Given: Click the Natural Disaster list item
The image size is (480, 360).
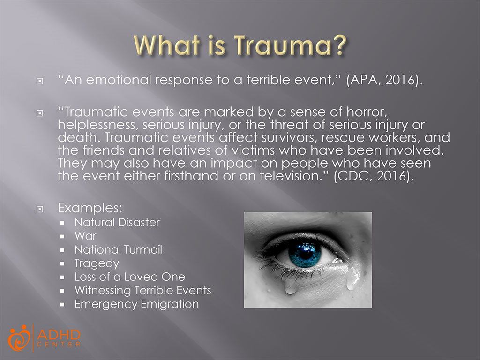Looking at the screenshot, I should [x=117, y=222].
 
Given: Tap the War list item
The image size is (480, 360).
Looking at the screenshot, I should [x=85, y=236].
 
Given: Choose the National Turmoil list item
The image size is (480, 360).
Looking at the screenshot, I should [x=118, y=249].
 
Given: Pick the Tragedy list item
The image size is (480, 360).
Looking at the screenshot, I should [x=97, y=263].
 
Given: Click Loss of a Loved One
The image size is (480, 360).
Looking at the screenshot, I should [x=129, y=277].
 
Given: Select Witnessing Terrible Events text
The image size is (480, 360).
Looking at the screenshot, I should [x=142, y=291].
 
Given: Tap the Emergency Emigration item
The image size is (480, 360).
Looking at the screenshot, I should [x=136, y=304].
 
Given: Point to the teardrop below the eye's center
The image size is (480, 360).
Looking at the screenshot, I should [x=291, y=286].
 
